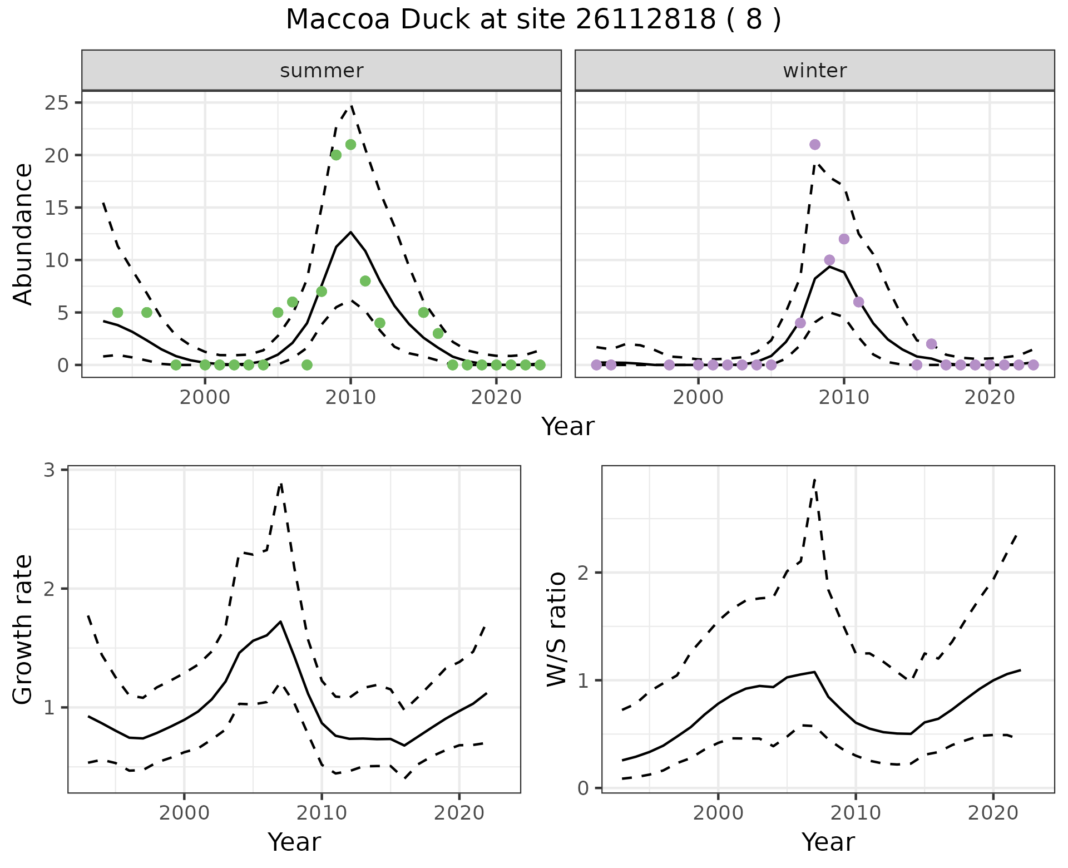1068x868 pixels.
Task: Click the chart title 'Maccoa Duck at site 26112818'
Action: (533, 20)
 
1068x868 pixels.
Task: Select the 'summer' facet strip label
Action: (322, 71)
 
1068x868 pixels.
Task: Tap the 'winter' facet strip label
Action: (814, 71)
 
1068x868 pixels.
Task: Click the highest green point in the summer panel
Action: (350, 145)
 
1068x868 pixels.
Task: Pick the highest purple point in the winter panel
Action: (815, 145)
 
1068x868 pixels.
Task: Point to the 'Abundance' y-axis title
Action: (23, 234)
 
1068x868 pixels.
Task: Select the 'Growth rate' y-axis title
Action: (23, 629)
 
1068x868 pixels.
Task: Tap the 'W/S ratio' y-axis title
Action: (557, 629)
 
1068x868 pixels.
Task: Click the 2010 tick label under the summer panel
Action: (350, 397)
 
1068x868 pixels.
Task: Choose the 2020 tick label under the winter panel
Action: (989, 397)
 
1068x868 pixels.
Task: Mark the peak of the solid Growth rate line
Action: (281, 622)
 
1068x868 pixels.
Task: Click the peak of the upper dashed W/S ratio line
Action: (815, 479)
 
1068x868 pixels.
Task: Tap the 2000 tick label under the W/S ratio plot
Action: (718, 813)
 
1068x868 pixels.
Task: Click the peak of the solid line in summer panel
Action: (350, 232)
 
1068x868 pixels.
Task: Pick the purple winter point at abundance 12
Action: (844, 239)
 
